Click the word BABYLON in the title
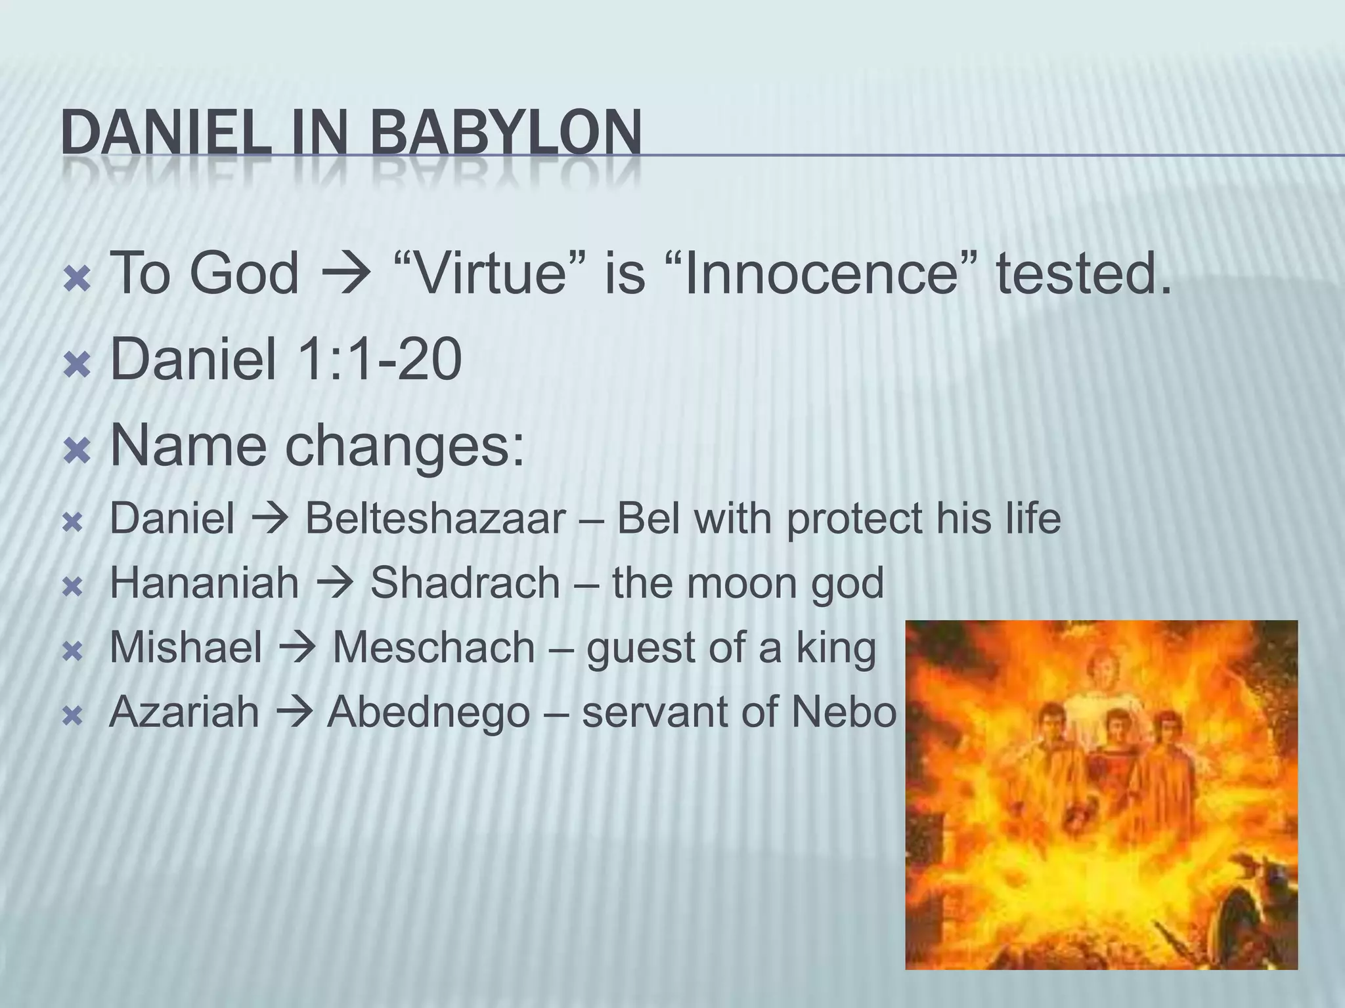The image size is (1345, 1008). pos(506,133)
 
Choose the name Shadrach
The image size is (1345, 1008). pos(464,583)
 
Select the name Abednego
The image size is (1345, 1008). pos(428,711)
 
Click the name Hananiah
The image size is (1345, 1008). pos(204,583)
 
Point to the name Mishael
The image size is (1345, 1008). pos(186,647)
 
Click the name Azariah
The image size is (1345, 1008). pos(185,711)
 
